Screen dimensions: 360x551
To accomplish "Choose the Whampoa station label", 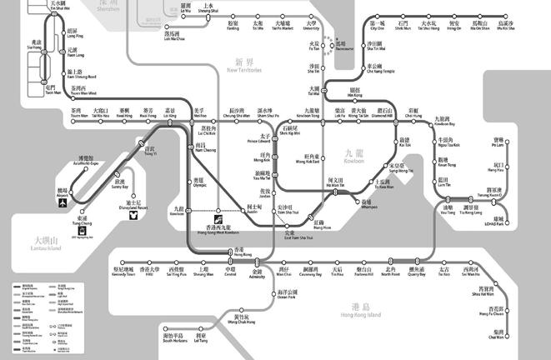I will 368,204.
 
